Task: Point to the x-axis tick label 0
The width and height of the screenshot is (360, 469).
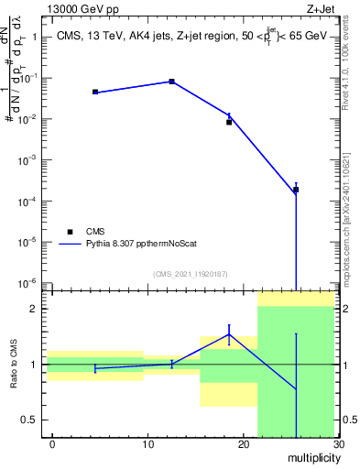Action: click(52, 444)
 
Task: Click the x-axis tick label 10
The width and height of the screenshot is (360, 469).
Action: click(147, 444)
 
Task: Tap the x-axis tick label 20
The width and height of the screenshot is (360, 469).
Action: click(243, 444)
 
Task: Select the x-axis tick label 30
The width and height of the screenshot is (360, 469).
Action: click(337, 444)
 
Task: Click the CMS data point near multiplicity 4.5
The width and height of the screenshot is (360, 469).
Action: click(95, 92)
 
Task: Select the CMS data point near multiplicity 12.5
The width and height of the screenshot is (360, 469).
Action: click(171, 82)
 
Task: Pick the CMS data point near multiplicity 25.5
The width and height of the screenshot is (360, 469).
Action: click(295, 190)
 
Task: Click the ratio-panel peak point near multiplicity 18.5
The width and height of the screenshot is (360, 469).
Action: click(229, 334)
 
